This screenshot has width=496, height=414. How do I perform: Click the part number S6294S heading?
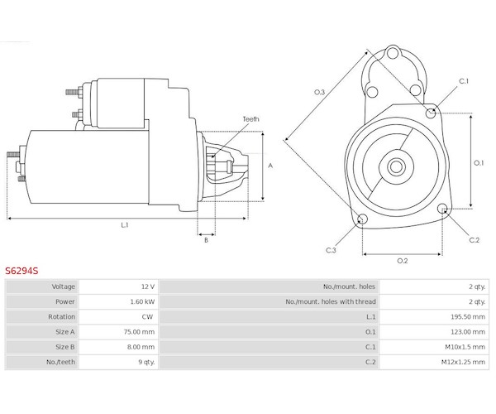click(21, 270)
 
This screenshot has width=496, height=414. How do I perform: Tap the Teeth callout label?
click(250, 119)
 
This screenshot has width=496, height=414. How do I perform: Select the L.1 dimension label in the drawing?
click(124, 225)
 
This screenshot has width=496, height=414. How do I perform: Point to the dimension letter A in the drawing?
click(270, 166)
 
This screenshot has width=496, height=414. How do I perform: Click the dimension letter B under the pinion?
click(206, 240)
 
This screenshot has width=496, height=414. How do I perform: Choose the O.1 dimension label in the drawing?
click(478, 162)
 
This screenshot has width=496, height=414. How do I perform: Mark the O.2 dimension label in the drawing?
click(403, 262)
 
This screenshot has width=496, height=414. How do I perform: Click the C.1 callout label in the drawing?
click(464, 81)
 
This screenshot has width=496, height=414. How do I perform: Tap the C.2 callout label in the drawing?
click(474, 240)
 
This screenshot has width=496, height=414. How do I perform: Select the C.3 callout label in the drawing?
click(331, 250)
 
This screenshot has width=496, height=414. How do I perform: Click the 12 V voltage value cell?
click(148, 286)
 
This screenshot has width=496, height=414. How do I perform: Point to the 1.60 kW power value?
click(142, 301)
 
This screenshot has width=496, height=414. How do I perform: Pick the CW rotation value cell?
click(149, 316)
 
